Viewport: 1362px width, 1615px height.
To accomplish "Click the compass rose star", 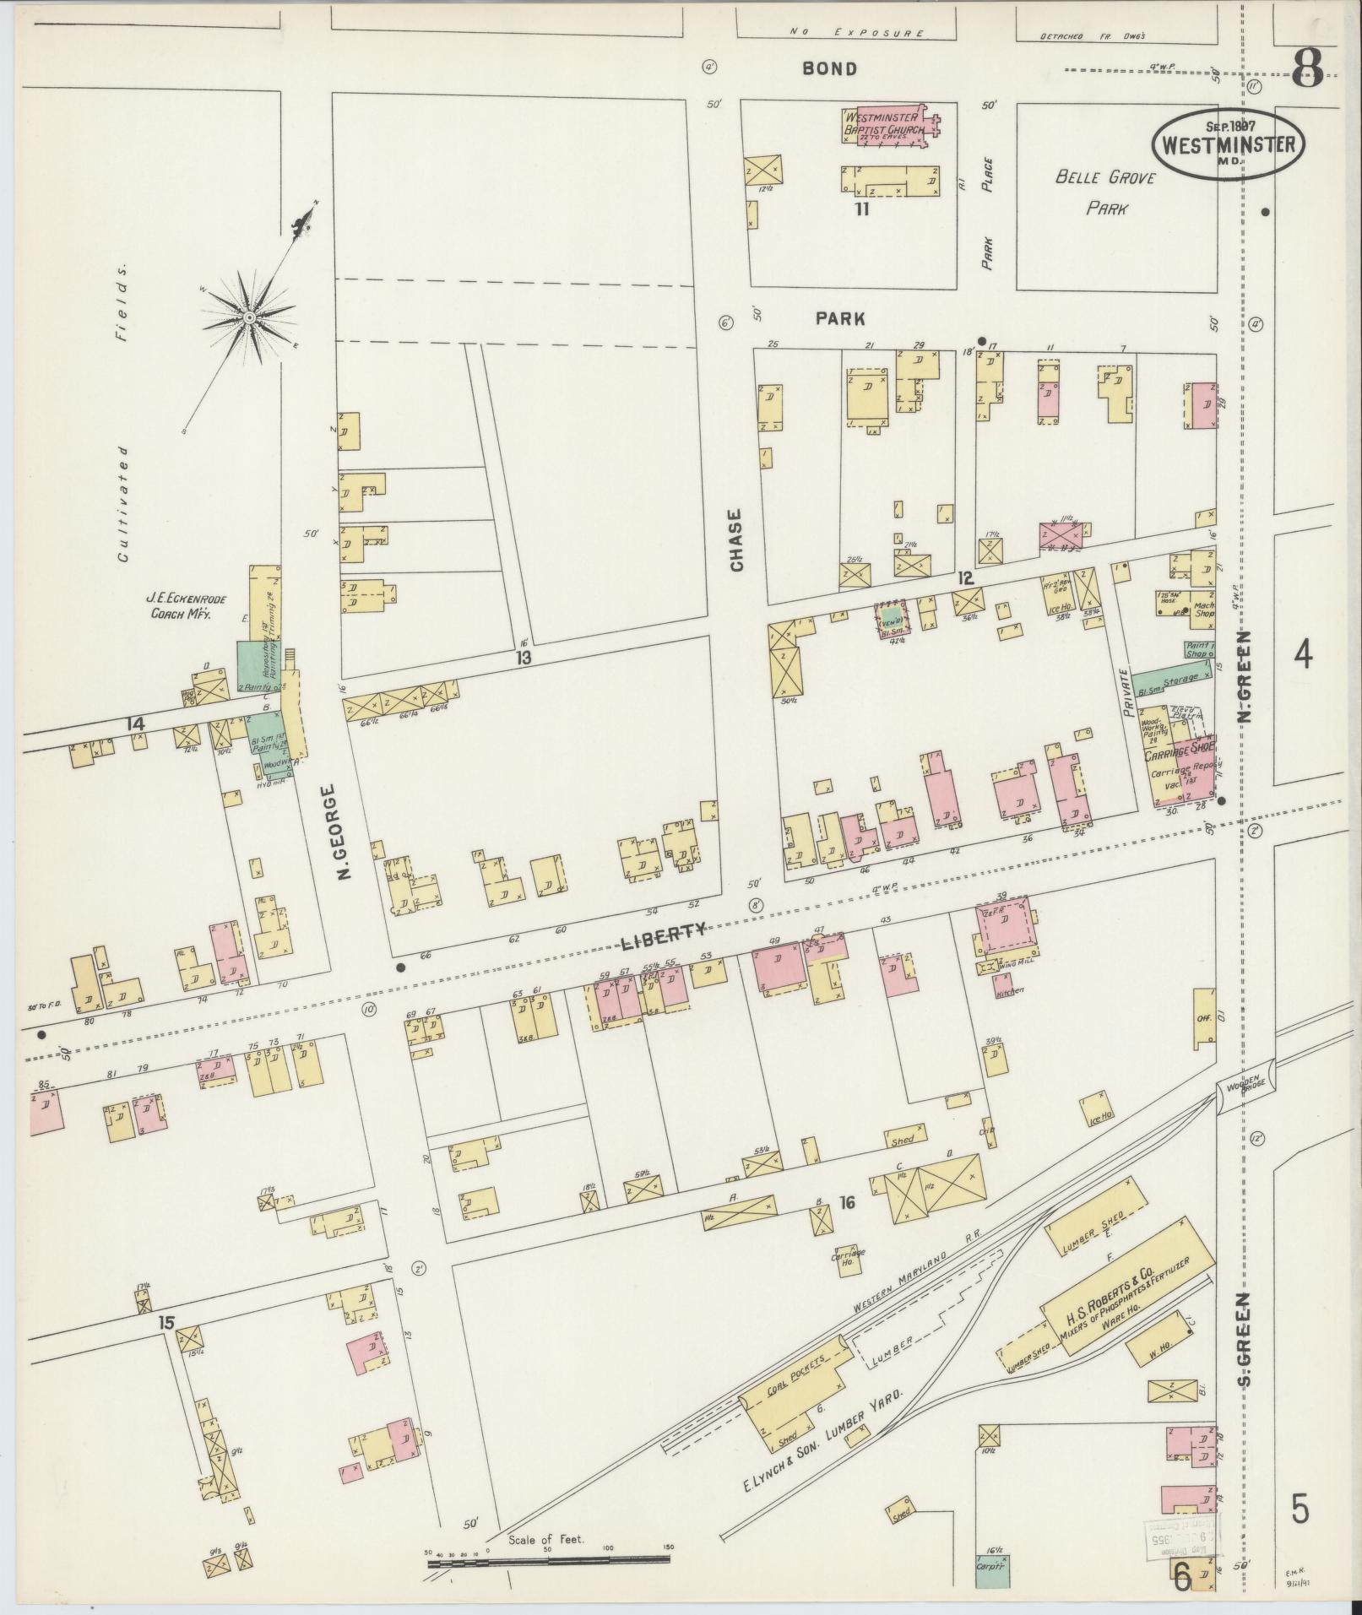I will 250,317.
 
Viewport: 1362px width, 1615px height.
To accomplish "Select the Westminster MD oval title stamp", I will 1229,144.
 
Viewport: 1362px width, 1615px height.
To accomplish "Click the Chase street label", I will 736,541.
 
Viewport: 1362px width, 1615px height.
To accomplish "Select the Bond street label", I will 829,69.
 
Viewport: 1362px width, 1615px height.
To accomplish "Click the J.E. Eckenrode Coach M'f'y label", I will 180,607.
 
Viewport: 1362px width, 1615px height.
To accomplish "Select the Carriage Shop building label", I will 1180,749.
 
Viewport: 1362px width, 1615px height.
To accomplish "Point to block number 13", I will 524,658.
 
